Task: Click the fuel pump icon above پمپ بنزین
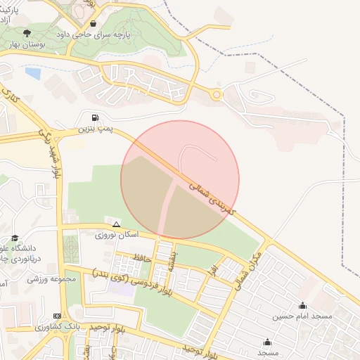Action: (x=95, y=117)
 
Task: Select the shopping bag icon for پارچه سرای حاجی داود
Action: (x=93, y=23)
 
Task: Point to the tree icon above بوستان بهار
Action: (x=27, y=33)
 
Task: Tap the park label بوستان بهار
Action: (x=27, y=44)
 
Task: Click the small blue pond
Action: (x=32, y=72)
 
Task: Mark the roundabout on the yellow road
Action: (x=217, y=95)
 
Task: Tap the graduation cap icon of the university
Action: (x=15, y=238)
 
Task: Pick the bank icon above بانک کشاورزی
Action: (x=57, y=316)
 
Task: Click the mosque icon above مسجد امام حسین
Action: (x=302, y=305)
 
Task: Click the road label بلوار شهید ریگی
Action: (x=55, y=153)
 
